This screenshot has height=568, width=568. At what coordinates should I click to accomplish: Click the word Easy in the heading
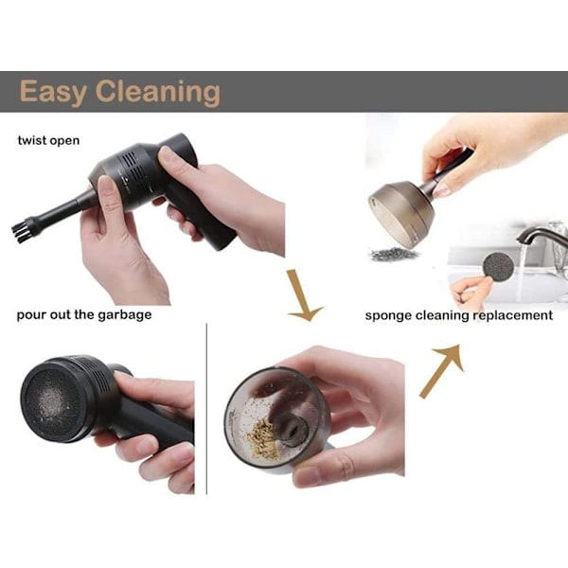[x=52, y=92]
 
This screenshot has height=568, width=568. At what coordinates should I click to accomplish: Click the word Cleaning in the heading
[x=158, y=92]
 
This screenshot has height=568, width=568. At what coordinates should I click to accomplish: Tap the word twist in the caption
[x=32, y=140]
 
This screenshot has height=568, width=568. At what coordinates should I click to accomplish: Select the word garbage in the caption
[x=125, y=315]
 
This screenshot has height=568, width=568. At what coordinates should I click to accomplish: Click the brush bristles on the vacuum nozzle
[x=21, y=232]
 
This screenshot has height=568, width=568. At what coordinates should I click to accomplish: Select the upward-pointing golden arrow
[x=443, y=370]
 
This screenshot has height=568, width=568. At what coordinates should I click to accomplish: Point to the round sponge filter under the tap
[x=498, y=267]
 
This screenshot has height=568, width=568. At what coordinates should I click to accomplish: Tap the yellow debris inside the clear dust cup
[x=263, y=438]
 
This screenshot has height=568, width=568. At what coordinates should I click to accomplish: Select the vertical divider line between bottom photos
[x=206, y=409]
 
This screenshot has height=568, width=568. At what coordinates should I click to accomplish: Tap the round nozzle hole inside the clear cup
[x=293, y=428]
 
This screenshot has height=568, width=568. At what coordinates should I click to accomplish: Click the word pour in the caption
[x=31, y=315]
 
